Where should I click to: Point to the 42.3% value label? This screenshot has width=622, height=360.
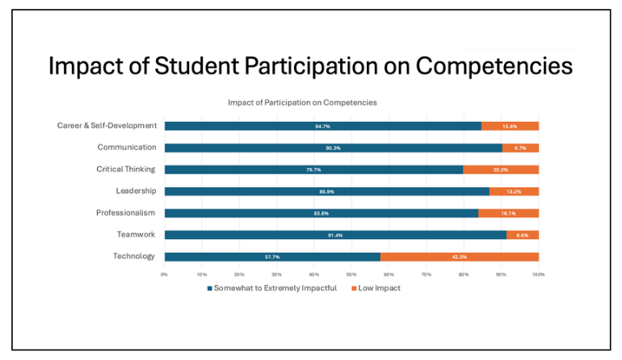click(x=460, y=257)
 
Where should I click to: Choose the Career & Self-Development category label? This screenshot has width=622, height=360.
click(x=107, y=126)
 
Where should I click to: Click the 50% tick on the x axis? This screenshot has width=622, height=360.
click(x=351, y=274)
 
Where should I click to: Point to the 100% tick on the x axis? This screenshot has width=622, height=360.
click(x=538, y=274)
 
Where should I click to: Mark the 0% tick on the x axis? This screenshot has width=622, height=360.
click(x=164, y=274)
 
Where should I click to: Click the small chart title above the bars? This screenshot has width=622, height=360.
click(x=302, y=103)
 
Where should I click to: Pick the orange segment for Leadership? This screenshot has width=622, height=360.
click(x=514, y=191)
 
